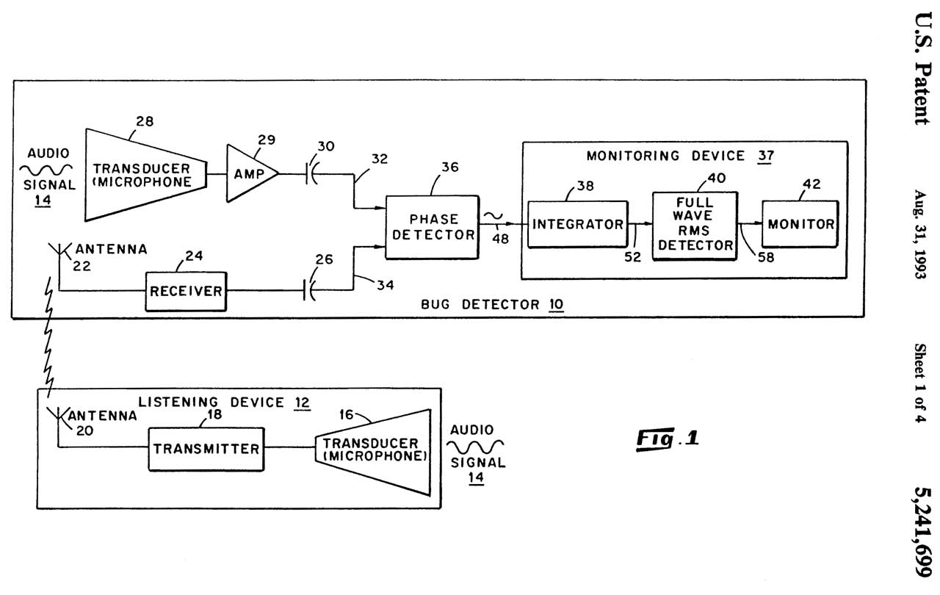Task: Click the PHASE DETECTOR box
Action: point(432,226)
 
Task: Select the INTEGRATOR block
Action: point(578,224)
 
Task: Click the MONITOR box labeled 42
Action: point(800,224)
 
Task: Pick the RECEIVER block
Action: point(186,291)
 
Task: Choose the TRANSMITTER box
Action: point(206,448)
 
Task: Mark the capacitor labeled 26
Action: point(308,291)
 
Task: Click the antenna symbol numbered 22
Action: point(59,253)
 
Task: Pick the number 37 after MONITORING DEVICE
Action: point(766,156)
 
